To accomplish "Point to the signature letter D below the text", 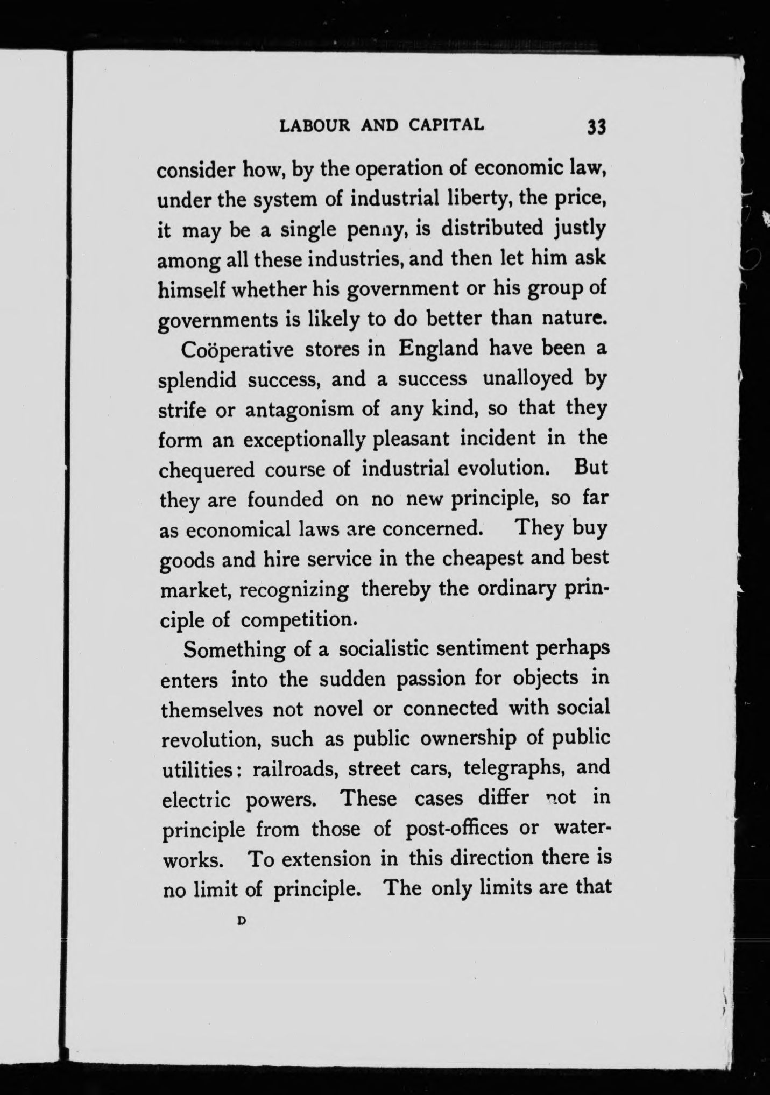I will (x=241, y=921).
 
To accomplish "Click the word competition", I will (x=299, y=620).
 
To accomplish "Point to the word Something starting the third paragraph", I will (x=234, y=650).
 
